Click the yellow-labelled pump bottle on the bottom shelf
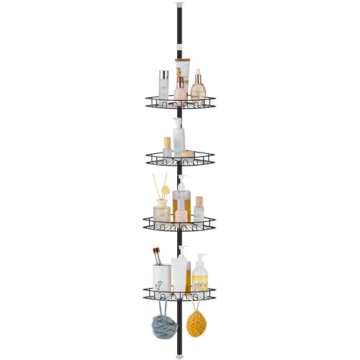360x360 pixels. pos(200,273)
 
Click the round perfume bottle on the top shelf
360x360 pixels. pos(198,87)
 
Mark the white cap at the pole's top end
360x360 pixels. pos(179,6)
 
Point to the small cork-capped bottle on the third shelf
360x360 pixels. pos(198,208)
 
